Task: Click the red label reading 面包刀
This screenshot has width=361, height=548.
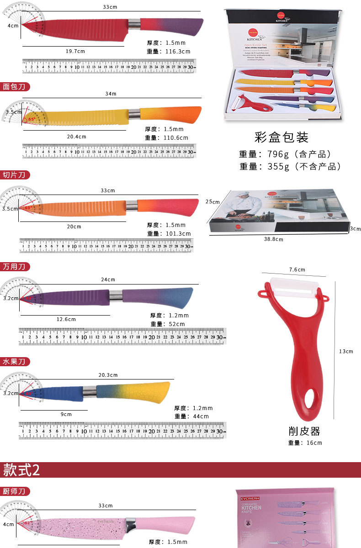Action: point(15,86)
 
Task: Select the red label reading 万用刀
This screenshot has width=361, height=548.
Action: point(15,266)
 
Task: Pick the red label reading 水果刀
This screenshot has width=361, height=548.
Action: point(15,362)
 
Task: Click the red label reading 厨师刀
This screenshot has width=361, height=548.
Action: point(15,491)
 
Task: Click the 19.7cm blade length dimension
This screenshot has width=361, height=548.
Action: point(75,51)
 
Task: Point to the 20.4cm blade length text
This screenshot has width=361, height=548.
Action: point(76,137)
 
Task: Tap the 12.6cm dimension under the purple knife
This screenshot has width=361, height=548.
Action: point(66,319)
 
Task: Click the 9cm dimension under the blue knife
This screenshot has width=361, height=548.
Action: point(67,414)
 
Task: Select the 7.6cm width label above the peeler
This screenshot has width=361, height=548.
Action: point(297,269)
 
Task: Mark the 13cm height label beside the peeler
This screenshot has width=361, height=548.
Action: point(346,351)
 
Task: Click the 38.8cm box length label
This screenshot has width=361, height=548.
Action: point(273,239)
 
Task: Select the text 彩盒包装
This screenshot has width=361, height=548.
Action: point(281,137)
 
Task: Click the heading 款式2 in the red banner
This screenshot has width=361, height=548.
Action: point(21,469)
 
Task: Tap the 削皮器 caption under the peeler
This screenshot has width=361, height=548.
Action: point(304,431)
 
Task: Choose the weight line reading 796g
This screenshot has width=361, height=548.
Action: point(285,154)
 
